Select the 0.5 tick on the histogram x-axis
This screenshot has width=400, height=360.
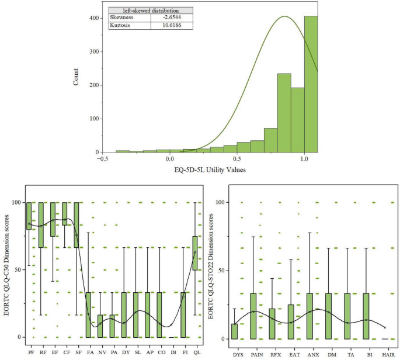[236, 159]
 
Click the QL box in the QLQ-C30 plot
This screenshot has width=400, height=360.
[194, 253]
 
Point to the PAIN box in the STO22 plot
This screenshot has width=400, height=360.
[253, 316]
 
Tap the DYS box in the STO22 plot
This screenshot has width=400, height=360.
[234, 331]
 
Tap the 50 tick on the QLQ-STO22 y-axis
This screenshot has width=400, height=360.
[221, 271]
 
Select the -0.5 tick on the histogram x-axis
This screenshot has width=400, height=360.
[102, 159]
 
